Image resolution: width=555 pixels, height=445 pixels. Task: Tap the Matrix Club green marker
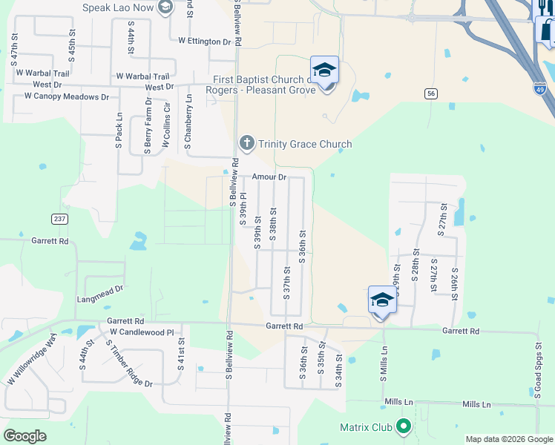click(404, 426)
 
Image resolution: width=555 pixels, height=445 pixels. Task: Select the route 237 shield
click(60, 219)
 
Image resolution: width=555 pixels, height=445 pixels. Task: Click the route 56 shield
click(430, 93)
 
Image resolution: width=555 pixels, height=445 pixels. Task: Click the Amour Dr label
click(269, 177)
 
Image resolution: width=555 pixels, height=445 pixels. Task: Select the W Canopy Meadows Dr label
click(66, 96)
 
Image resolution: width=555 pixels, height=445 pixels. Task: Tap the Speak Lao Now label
click(118, 8)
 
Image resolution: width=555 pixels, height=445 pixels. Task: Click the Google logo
click(24, 435)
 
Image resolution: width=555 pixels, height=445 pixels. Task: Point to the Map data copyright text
click(508, 439)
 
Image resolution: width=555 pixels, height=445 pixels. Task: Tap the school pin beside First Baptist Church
click(324, 70)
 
